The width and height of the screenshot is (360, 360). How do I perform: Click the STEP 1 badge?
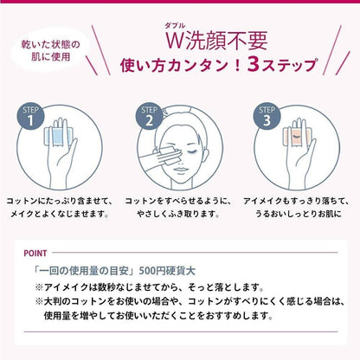[x=30, y=116]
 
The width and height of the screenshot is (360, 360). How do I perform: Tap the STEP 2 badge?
[x=149, y=116]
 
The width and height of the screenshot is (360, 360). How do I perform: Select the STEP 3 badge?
[x=267, y=116]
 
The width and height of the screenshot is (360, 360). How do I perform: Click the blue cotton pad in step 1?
[x=60, y=136]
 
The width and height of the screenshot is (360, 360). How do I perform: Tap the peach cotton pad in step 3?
[x=297, y=136]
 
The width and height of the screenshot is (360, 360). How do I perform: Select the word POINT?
[x=35, y=254]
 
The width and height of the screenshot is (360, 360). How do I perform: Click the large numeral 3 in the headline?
[x=254, y=64]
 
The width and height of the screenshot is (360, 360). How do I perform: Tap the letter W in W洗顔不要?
[x=175, y=41]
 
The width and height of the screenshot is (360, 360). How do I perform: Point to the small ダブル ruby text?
[x=175, y=26]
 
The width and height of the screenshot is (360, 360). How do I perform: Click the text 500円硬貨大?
[x=167, y=271]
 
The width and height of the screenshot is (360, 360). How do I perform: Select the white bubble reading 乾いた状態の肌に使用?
[x=50, y=51]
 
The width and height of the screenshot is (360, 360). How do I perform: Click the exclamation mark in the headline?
[x=238, y=65]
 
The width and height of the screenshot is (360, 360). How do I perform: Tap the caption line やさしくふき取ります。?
[x=178, y=214]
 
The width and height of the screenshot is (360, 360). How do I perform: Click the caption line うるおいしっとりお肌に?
[x=299, y=214]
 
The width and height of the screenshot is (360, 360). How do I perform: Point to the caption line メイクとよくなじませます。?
[x=60, y=214]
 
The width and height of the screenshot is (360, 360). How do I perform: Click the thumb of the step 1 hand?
[x=72, y=149]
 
